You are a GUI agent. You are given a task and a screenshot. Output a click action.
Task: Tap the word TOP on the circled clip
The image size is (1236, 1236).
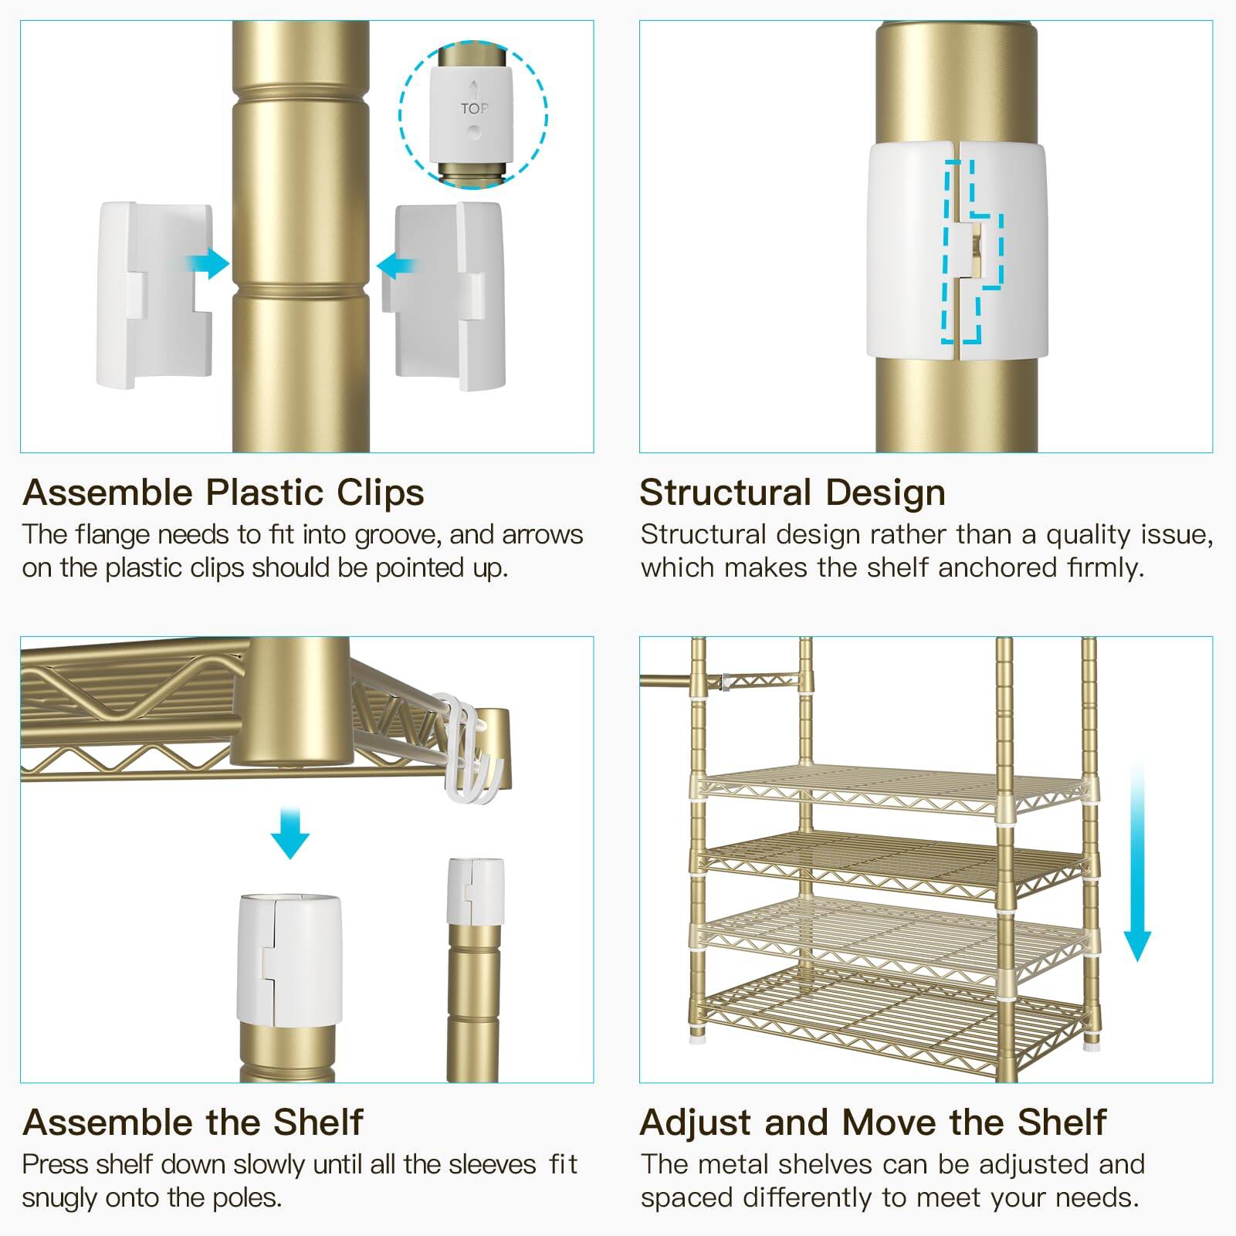[x=474, y=109]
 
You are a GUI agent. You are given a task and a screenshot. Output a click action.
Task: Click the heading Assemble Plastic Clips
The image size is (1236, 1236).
[x=223, y=493]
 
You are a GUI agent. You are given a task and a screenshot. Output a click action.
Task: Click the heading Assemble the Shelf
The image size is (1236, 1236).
[x=193, y=1122]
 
